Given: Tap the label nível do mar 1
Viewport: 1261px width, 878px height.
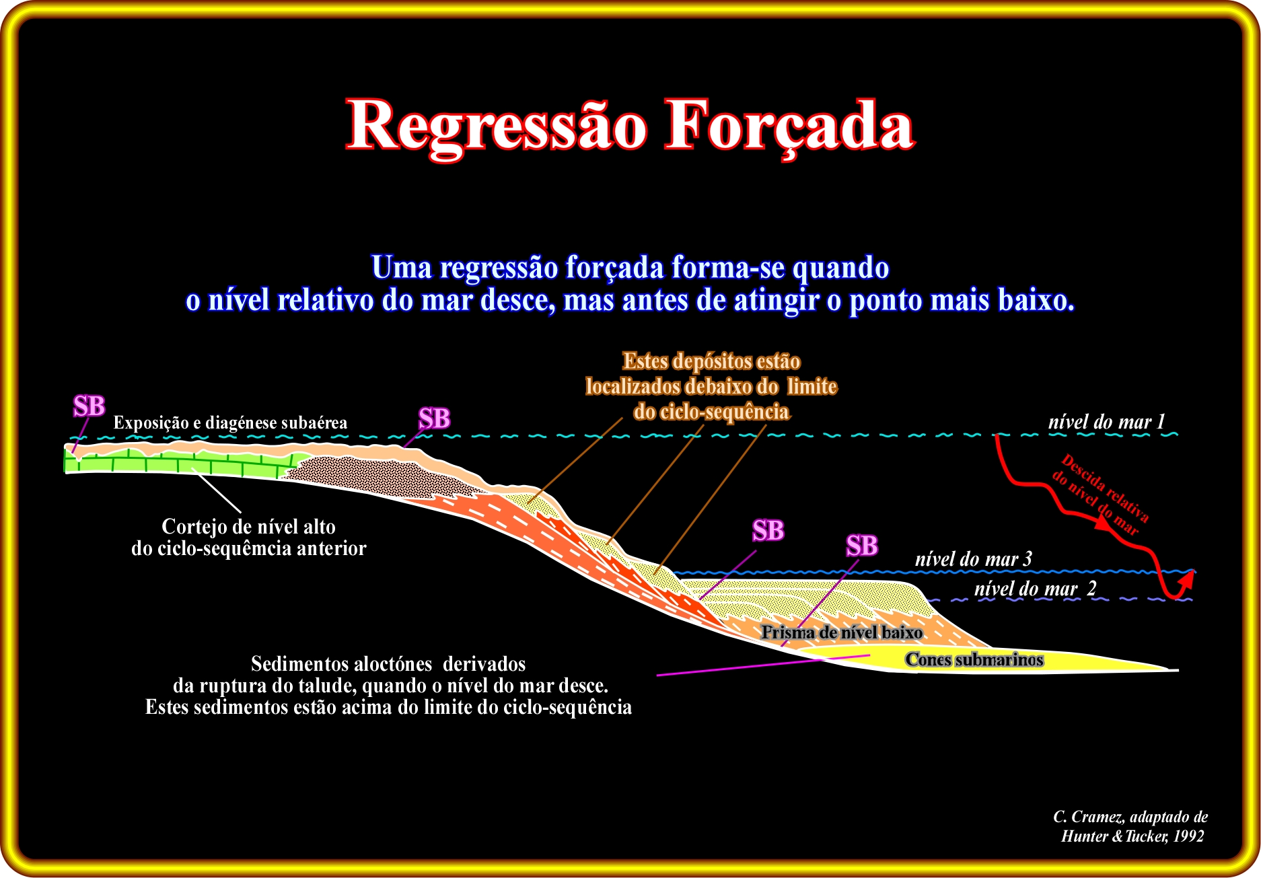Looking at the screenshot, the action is (1106, 422).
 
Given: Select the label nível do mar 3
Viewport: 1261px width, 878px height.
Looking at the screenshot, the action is (973, 559).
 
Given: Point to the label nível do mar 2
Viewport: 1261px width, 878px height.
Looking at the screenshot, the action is (1035, 589).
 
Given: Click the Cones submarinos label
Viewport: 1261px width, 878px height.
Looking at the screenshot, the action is (974, 659).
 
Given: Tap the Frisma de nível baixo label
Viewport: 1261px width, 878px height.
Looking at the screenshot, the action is (842, 632).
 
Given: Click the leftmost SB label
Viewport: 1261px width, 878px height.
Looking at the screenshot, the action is (89, 406).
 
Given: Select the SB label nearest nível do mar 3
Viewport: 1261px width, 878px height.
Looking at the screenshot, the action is (862, 546).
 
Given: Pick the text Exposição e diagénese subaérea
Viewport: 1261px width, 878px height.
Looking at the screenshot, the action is (230, 423).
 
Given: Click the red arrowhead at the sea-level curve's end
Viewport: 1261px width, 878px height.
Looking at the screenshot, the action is (1187, 578).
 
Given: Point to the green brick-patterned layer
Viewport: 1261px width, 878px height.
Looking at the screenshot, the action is (175, 462).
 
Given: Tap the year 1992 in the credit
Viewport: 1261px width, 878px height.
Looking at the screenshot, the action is (1188, 836).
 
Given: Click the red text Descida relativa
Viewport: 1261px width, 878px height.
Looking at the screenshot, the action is (1105, 488).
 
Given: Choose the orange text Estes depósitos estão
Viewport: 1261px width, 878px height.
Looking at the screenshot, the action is (711, 361).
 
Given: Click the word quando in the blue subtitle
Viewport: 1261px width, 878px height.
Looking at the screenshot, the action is (840, 268).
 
